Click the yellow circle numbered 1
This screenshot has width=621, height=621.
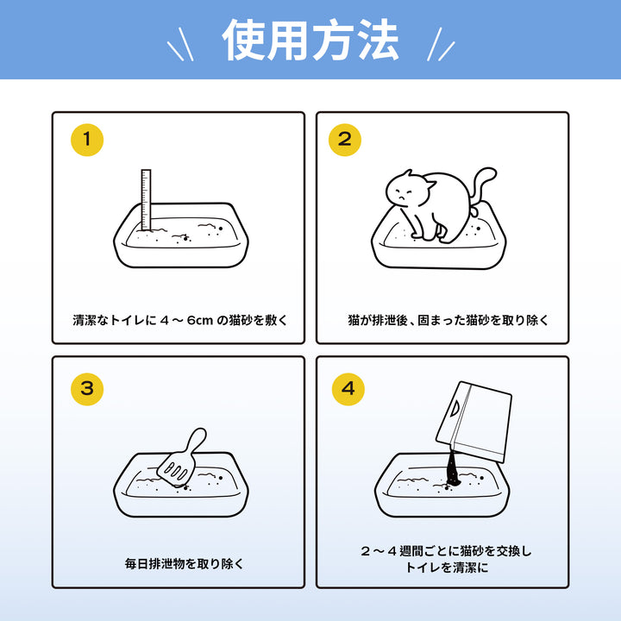point(87,140)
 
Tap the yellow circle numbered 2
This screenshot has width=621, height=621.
point(345,140)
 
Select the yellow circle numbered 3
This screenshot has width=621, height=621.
point(87,389)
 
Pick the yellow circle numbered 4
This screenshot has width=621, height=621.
point(348,389)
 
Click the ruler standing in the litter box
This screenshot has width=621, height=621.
point(146,200)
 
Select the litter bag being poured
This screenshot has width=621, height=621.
point(474,422)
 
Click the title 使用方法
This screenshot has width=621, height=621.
point(310,40)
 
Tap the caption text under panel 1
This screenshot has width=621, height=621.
point(180,320)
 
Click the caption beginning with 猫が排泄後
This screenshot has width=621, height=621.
point(448,320)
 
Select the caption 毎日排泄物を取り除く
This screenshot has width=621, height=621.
point(185,563)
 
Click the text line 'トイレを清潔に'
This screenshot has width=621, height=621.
point(447,568)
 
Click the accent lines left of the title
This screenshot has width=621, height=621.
point(180,44)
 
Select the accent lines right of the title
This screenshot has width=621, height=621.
point(441,44)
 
